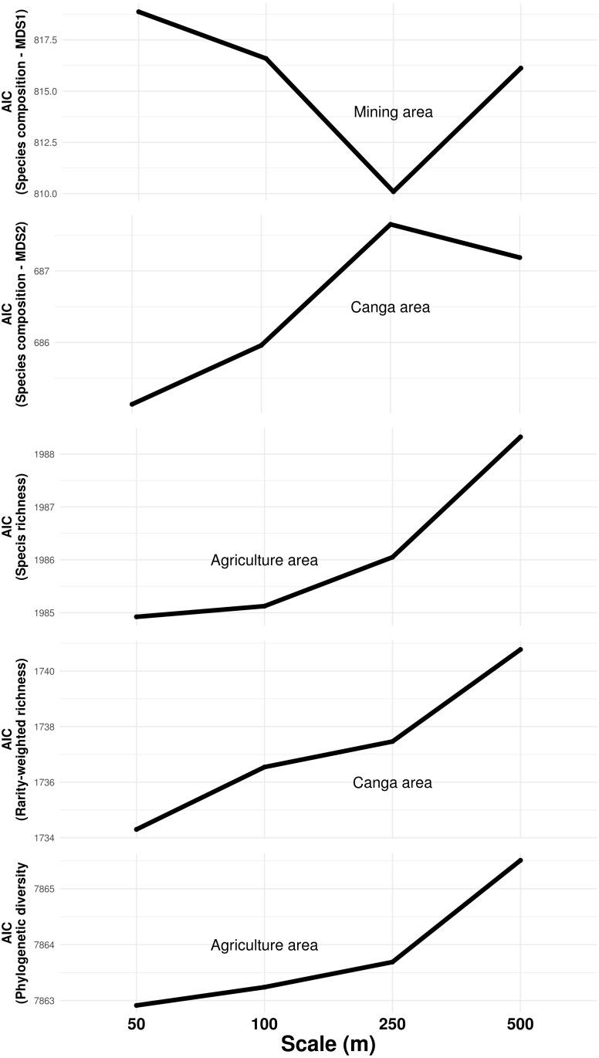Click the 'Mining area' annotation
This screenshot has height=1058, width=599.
[393, 113]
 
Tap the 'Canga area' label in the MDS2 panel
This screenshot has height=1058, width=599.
[390, 308]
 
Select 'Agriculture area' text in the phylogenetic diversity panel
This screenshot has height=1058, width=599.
[264, 945]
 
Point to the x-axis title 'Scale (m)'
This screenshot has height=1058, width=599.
[327, 1044]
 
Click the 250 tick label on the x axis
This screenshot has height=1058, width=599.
[392, 1023]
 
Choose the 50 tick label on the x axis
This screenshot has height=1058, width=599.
[136, 1023]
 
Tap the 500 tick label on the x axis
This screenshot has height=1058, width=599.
[519, 1023]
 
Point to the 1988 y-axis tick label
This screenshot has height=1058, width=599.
[53, 454]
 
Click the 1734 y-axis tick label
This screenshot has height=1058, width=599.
[53, 839]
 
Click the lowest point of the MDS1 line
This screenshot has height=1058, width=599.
[393, 192]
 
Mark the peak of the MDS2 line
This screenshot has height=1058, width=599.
[391, 224]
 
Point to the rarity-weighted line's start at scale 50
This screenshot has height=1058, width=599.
[137, 829]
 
